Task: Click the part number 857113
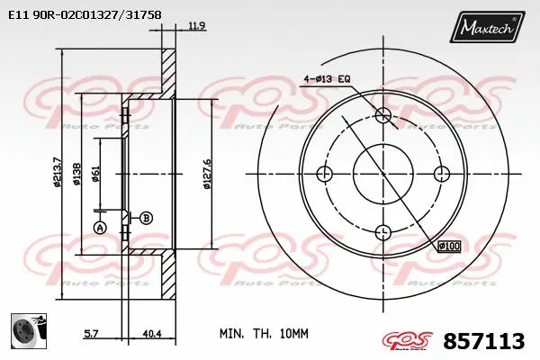point(484,341)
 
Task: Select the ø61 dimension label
point(96,174)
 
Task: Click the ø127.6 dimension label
point(207,174)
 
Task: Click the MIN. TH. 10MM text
point(264,333)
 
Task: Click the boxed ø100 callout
point(447,245)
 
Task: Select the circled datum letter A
point(100,227)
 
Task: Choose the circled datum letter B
point(147,217)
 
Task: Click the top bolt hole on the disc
point(384,114)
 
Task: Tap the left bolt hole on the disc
point(327,173)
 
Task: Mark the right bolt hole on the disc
point(442,173)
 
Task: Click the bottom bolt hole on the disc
point(384,231)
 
